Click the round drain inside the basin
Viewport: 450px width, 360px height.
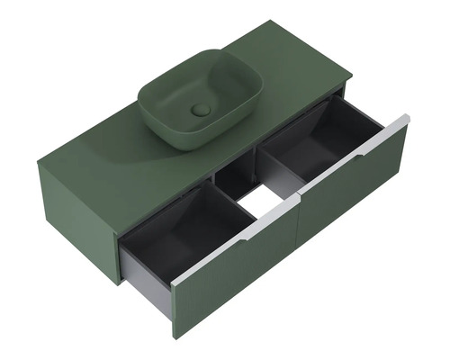201,110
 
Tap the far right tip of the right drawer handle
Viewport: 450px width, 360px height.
408,118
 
